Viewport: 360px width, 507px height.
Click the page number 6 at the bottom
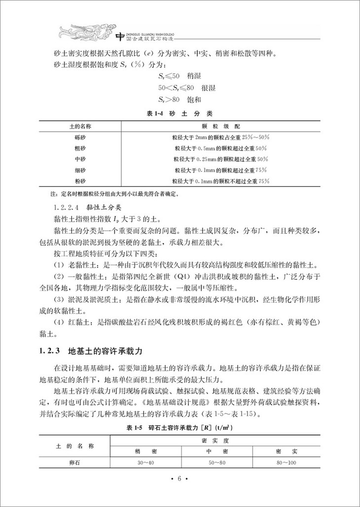coord(180,478)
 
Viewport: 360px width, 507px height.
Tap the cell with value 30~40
coord(145,462)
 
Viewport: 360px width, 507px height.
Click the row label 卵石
coord(75,462)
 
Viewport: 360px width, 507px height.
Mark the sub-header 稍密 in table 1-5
coord(145,451)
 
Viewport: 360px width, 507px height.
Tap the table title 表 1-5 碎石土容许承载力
coord(180,427)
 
